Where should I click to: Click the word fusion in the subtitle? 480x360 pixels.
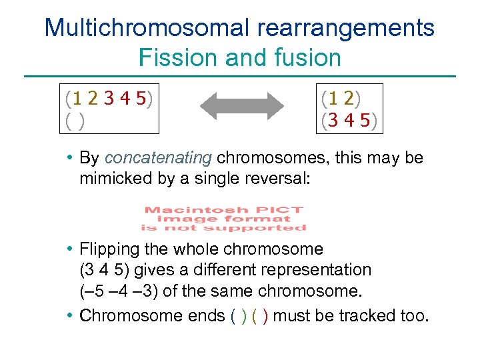click(x=310, y=57)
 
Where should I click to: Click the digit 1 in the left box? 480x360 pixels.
click(x=77, y=99)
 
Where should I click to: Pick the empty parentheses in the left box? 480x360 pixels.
click(x=75, y=122)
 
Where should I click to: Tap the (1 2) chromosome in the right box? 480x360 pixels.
click(x=341, y=99)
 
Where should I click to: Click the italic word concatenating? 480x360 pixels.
click(x=158, y=158)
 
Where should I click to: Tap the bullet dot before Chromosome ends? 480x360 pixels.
click(x=70, y=315)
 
